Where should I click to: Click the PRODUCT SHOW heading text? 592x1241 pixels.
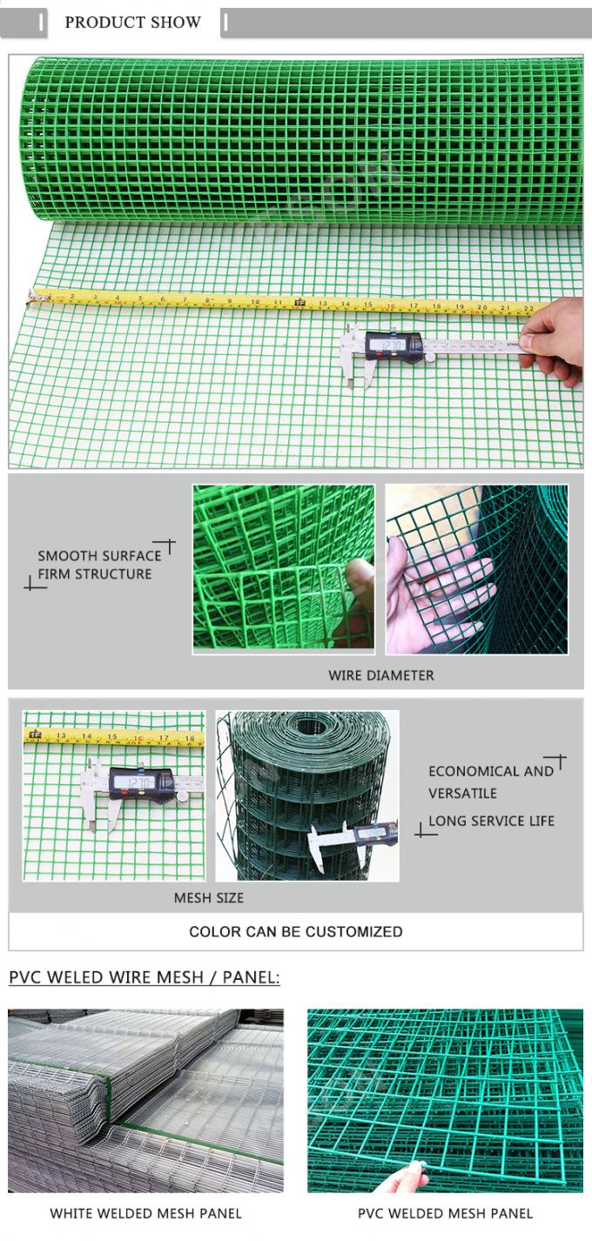pos(132,23)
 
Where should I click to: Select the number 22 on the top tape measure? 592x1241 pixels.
pos(528,307)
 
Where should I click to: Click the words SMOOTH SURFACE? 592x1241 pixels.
pos(99,555)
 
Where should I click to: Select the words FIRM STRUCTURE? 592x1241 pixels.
pos(94,574)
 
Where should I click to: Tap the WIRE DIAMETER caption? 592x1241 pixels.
pos(380,675)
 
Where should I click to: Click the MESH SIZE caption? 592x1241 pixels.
pos(209,897)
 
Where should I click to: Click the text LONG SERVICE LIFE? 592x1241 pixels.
pos(491,821)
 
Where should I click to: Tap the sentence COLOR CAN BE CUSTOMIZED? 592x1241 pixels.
pos(296,931)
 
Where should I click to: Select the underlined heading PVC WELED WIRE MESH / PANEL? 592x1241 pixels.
pos(145,977)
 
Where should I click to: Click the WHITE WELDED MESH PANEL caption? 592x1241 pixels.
pos(146,1213)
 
